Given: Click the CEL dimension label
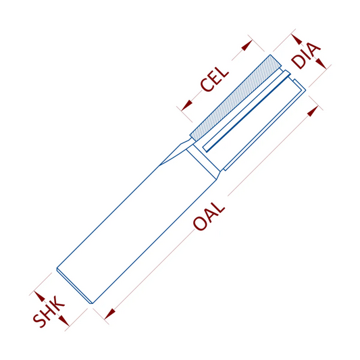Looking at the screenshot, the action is pyautogui.click(x=214, y=80).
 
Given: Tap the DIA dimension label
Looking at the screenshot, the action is pyautogui.click(x=305, y=55).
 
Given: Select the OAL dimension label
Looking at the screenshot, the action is pyautogui.click(x=209, y=216).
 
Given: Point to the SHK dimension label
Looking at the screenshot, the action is pyautogui.click(x=49, y=311).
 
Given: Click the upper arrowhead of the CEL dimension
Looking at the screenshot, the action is pyautogui.click(x=247, y=45).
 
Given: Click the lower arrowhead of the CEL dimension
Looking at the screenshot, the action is pyautogui.click(x=186, y=105).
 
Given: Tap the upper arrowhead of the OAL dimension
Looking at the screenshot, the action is pyautogui.click(x=313, y=111).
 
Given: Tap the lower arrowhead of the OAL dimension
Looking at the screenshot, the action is pyautogui.click(x=109, y=314).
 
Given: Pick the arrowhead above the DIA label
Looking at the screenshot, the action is pyautogui.click(x=297, y=39).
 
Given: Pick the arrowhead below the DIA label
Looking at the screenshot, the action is pyautogui.click(x=321, y=63).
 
